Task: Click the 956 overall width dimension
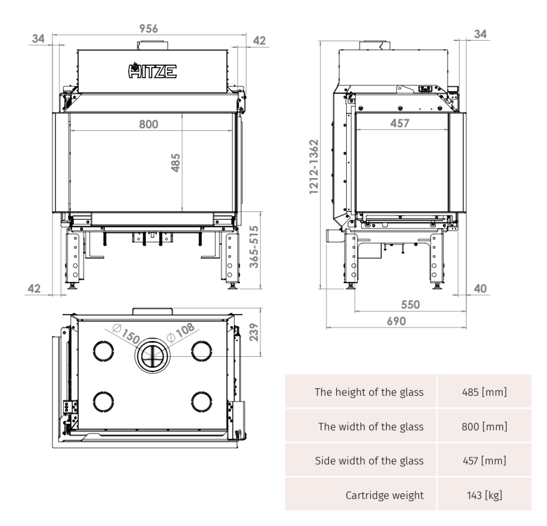[x=149, y=29]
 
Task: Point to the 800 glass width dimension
[x=149, y=124]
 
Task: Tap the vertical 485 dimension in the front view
[x=175, y=162]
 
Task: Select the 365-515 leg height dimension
[x=254, y=247]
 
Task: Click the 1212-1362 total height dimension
[x=314, y=167]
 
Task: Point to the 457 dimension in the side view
[x=400, y=123]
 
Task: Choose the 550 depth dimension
[x=410, y=304]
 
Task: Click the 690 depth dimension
[x=396, y=321]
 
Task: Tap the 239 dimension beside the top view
[x=254, y=332]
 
